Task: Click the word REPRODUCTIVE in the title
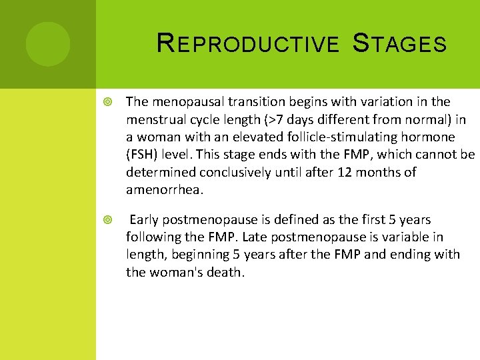coord(247,44)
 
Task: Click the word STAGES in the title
coord(399,44)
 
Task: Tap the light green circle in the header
coord(48,44)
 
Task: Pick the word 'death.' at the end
coord(226,272)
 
